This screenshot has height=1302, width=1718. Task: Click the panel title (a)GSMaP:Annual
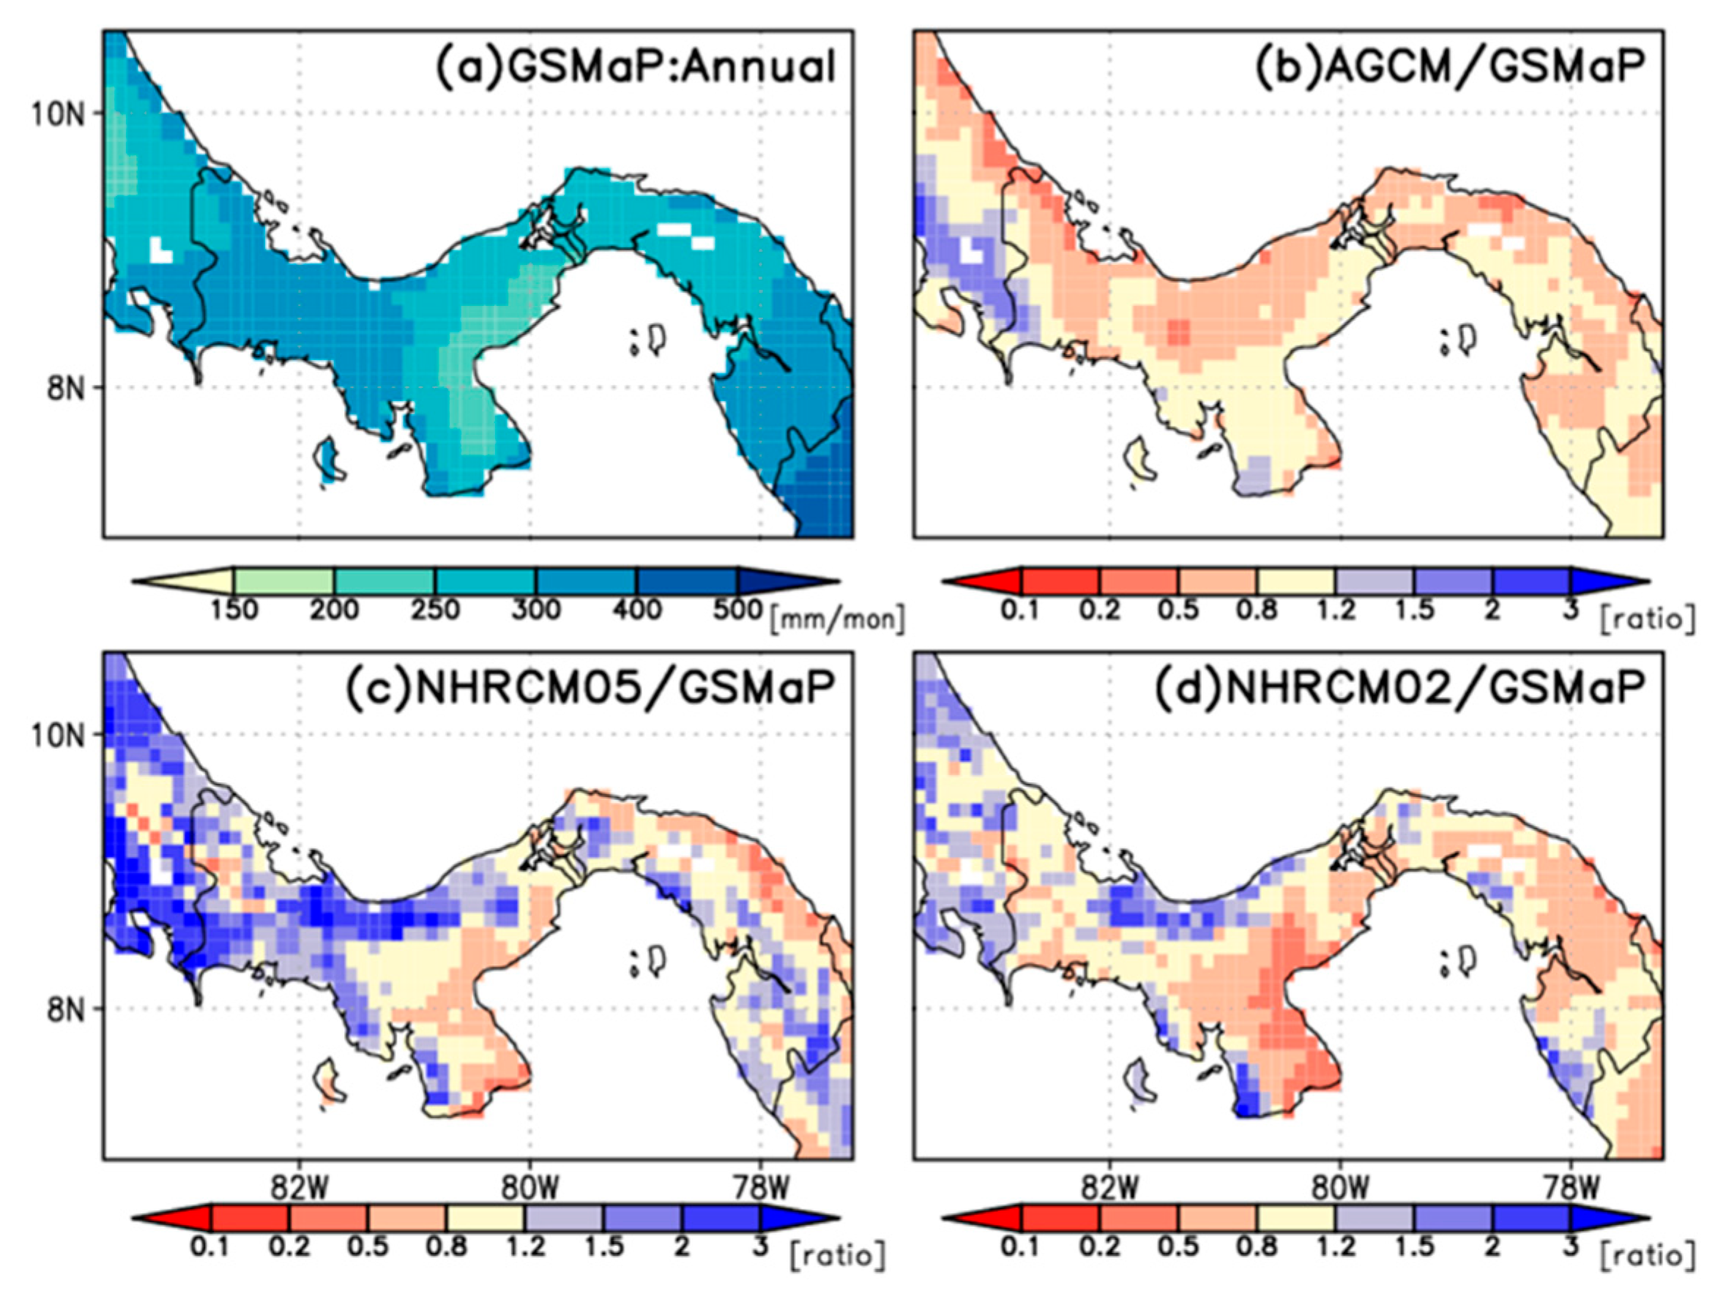[636, 67]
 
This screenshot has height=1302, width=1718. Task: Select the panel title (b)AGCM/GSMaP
[1449, 67]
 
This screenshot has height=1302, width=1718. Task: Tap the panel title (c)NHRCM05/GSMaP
[590, 688]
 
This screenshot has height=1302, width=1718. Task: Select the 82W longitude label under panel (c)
[298, 1189]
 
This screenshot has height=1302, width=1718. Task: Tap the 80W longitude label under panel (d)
[1341, 1189]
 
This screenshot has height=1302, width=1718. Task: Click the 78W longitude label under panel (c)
[759, 1189]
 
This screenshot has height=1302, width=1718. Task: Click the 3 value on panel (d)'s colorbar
[1570, 1246]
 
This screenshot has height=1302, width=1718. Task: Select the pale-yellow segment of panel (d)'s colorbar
[1296, 1216]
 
